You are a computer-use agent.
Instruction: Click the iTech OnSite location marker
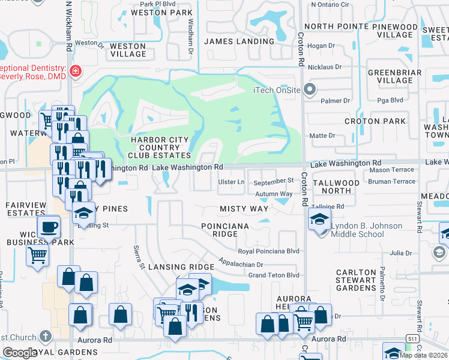(x=310, y=91)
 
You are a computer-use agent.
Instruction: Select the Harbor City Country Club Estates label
(x=155, y=148)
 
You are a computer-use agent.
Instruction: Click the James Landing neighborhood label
(x=239, y=41)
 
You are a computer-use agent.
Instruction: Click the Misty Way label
(x=243, y=208)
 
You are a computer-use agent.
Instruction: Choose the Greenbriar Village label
(x=390, y=76)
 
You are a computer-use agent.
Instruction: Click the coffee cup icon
(x=49, y=227)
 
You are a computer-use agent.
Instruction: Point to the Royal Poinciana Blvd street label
(x=268, y=251)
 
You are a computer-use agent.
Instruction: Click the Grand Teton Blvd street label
(x=274, y=275)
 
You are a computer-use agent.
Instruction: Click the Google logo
(x=20, y=353)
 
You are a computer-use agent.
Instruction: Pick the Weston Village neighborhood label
(x=128, y=50)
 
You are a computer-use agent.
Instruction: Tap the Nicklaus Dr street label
(x=324, y=67)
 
